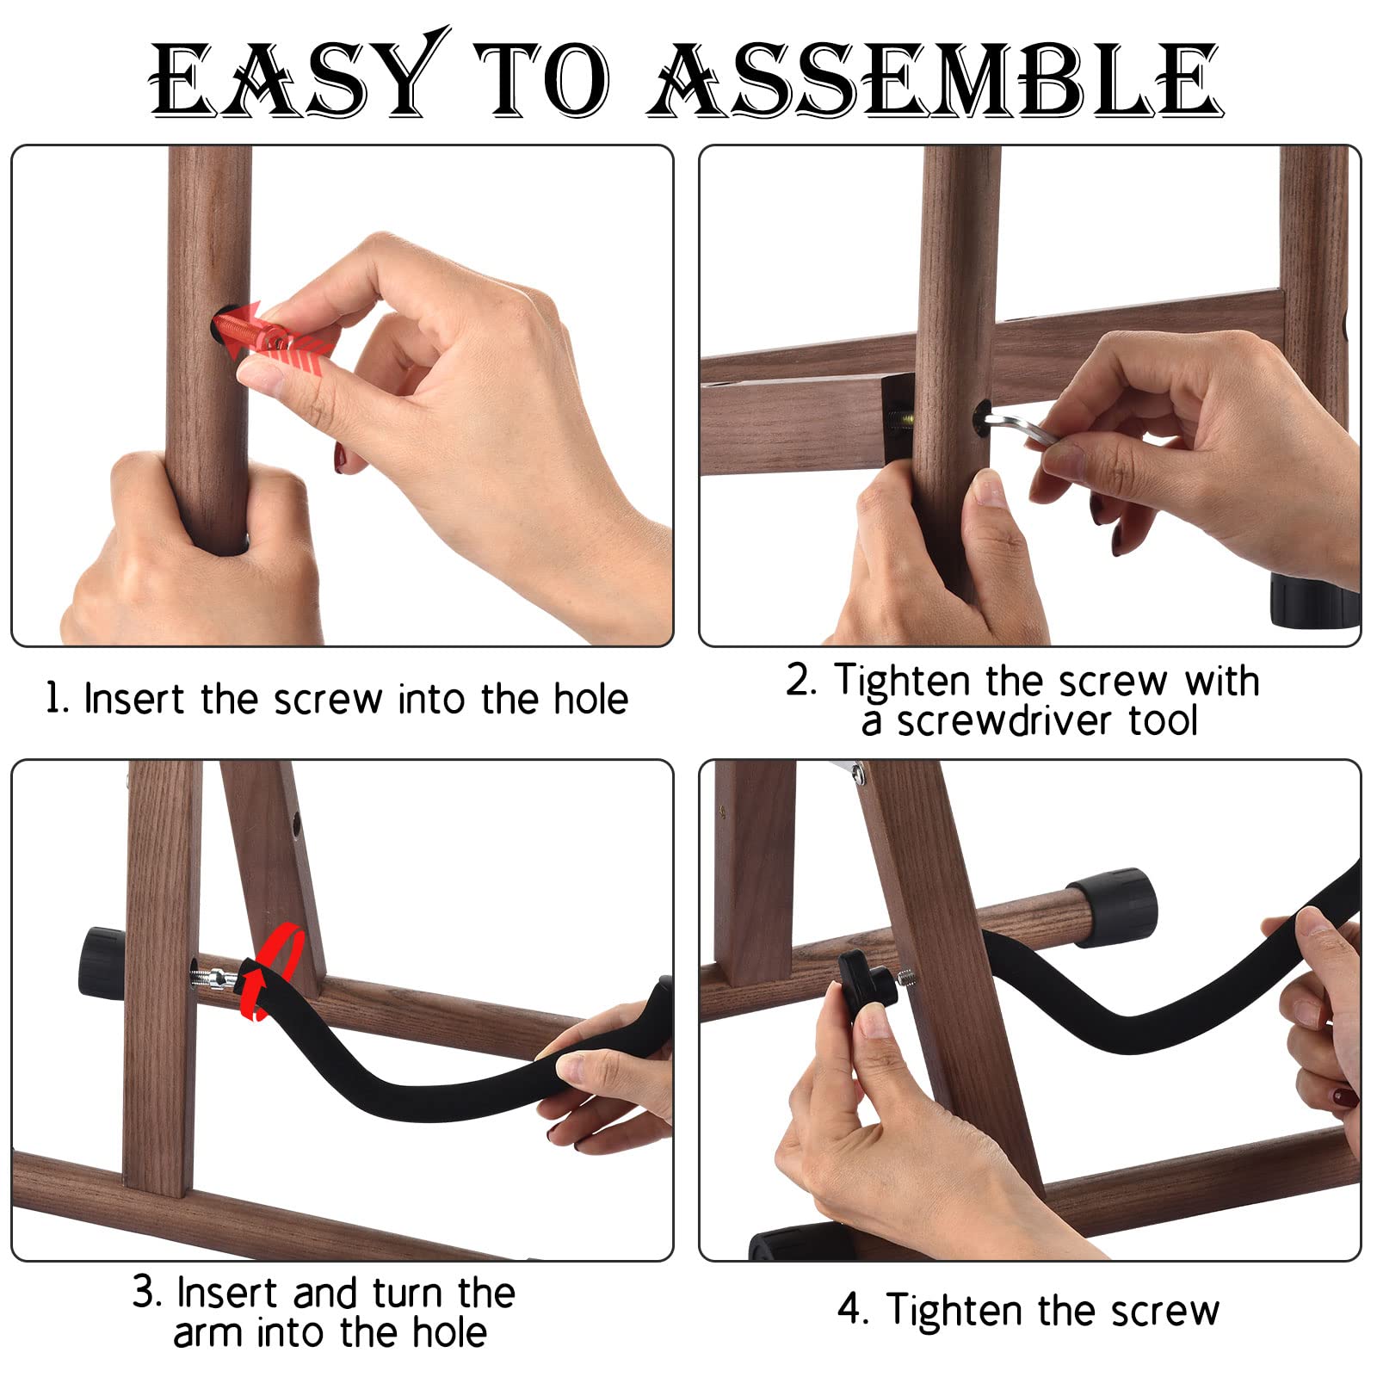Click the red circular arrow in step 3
pyautogui.click(x=274, y=971)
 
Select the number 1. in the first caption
pyautogui.click(x=56, y=698)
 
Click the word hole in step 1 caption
pyautogui.click(x=590, y=698)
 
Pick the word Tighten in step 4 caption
pyautogui.click(x=955, y=1310)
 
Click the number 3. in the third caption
pyautogui.click(x=147, y=1293)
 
